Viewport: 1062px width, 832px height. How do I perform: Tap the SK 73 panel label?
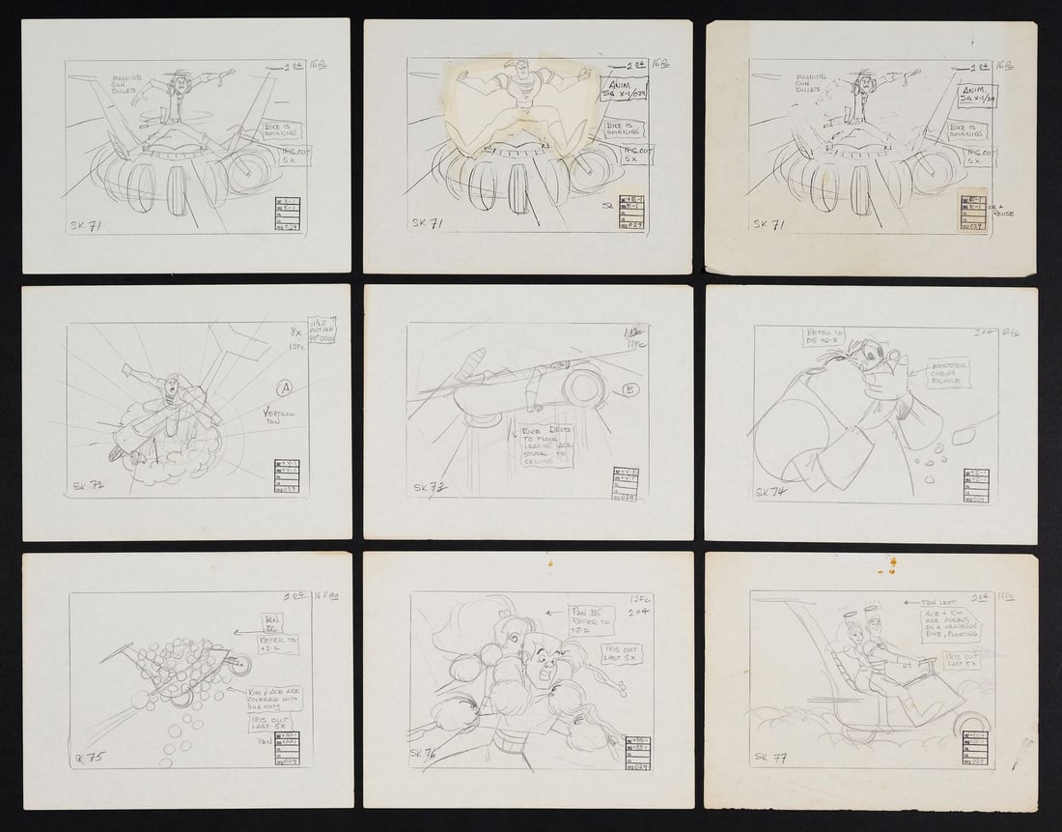427,488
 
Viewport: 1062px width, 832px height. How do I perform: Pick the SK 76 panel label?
427,753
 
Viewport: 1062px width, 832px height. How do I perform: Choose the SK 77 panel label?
771,757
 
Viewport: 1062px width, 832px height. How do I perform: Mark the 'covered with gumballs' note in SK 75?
274,699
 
